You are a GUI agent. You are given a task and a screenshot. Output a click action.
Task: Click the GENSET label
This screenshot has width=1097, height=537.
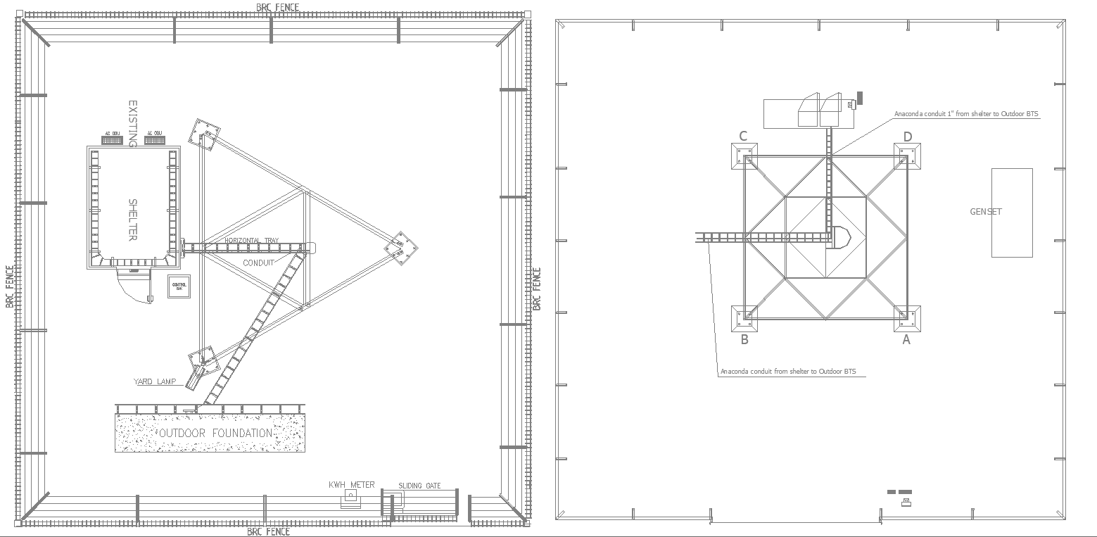pos(985,212)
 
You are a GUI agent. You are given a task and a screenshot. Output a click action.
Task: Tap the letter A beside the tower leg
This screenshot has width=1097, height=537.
pos(906,340)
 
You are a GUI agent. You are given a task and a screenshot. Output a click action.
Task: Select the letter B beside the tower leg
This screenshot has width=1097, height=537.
pos(744,340)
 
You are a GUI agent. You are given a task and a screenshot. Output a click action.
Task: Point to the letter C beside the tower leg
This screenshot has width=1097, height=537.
pos(743,137)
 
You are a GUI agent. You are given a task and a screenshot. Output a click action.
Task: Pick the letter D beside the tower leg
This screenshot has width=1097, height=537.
pos(908,137)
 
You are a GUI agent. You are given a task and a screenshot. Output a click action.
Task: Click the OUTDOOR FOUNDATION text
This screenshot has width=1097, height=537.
pos(215,433)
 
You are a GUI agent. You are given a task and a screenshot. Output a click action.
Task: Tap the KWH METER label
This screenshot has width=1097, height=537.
pos(352,485)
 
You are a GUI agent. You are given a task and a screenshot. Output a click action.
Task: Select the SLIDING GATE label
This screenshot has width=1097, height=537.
pos(419,486)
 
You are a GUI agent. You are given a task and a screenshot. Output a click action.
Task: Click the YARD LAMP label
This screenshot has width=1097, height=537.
pos(155,381)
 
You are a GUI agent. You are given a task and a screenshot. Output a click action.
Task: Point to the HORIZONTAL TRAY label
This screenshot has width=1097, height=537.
pos(251,241)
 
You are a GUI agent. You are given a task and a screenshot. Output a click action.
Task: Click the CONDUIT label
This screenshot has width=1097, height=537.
pos(258,263)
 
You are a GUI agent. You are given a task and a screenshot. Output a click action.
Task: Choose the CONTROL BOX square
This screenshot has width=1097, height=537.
pos(179,286)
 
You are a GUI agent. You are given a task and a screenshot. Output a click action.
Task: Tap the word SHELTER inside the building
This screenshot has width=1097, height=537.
pos(132,220)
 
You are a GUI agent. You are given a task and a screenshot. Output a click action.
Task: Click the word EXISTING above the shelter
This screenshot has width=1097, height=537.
pos(132,123)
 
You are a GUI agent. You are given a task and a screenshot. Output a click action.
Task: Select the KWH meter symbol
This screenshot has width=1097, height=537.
pos(350,498)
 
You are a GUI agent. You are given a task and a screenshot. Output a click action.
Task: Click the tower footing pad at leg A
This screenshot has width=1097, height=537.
pos(907,318)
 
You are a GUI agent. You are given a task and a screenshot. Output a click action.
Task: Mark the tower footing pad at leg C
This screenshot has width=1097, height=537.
pos(744,156)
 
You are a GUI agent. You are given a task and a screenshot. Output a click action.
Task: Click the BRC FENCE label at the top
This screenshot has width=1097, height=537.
pos(277,7)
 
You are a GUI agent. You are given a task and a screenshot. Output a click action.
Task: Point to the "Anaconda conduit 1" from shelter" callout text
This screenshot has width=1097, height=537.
pos(966,113)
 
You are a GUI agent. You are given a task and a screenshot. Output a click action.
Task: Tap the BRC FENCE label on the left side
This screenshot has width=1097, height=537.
pos(9,286)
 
